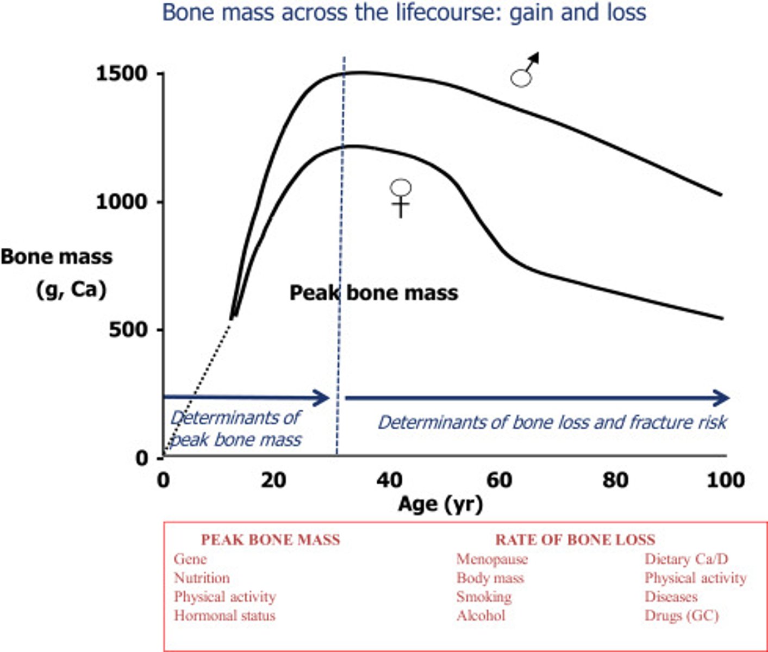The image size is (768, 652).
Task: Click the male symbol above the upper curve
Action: pos(524,71)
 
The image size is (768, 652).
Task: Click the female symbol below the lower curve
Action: pos(401,197)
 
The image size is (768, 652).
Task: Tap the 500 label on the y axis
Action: pos(128,330)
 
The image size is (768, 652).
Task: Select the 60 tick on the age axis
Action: pos(499,480)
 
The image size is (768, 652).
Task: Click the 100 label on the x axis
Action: pos(726,480)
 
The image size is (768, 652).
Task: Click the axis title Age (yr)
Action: pos(440,504)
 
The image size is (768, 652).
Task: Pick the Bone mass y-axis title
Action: pos(57,257)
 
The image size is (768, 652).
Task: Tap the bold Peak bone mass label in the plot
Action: pos(374,293)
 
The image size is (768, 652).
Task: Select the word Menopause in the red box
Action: pos(492,559)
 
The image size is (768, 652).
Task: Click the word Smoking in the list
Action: pos(484,597)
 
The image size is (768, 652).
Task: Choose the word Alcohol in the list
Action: pos(481,616)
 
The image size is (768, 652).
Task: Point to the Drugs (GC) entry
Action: pos(682,616)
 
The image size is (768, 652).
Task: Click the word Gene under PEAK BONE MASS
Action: pos(190,559)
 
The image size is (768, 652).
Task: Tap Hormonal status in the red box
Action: pos(224,616)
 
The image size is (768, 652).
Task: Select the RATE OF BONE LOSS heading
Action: pos(575,540)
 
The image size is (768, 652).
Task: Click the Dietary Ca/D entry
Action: pos(686,559)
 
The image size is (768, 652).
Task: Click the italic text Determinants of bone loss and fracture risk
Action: pos(552,422)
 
